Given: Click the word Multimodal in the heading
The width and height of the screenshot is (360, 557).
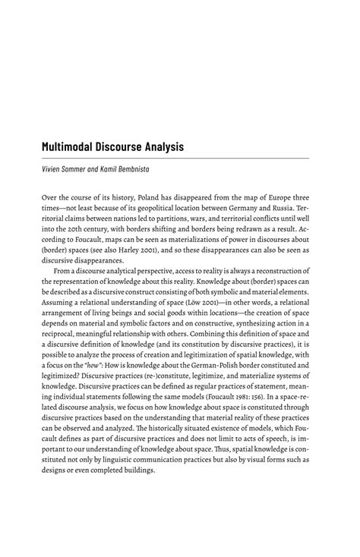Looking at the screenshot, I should (x=75, y=146).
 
